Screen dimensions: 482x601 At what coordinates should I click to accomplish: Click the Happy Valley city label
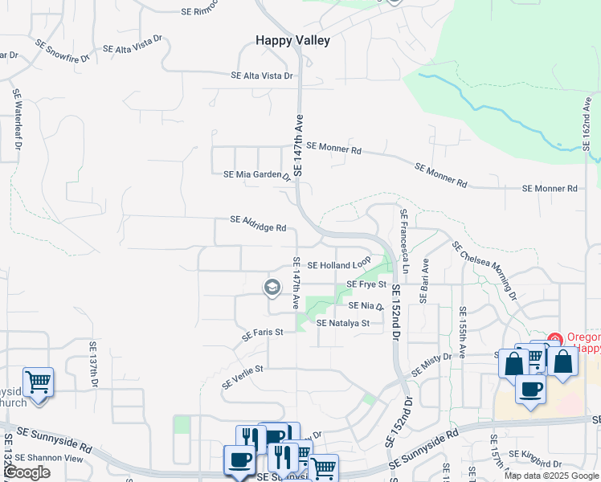click(292, 40)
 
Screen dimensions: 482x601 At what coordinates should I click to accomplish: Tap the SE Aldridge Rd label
click(258, 223)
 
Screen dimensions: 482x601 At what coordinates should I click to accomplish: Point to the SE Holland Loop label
click(338, 263)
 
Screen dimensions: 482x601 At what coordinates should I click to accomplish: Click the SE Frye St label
click(366, 284)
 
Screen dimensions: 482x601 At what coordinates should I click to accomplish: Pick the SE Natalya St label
click(342, 323)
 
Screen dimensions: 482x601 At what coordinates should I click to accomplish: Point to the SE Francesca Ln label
click(403, 241)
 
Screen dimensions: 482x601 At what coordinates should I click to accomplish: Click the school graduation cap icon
click(272, 288)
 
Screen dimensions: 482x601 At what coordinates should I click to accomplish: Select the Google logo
click(26, 472)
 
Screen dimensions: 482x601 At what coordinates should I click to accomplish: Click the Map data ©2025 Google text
click(551, 476)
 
